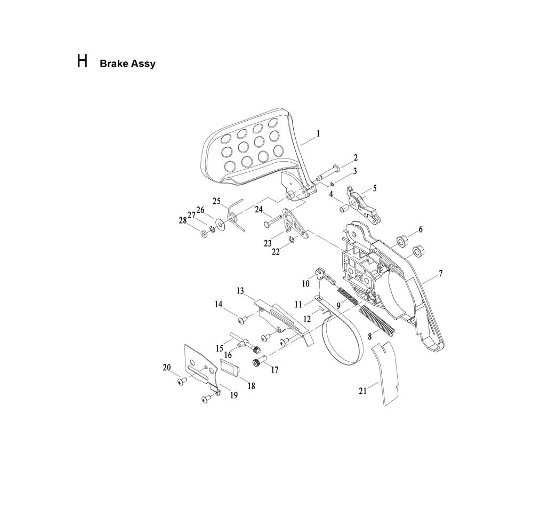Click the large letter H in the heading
(x=82, y=61)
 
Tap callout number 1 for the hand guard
(x=318, y=134)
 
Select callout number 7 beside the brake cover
(x=441, y=274)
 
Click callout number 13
(x=240, y=291)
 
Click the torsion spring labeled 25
(x=233, y=213)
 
